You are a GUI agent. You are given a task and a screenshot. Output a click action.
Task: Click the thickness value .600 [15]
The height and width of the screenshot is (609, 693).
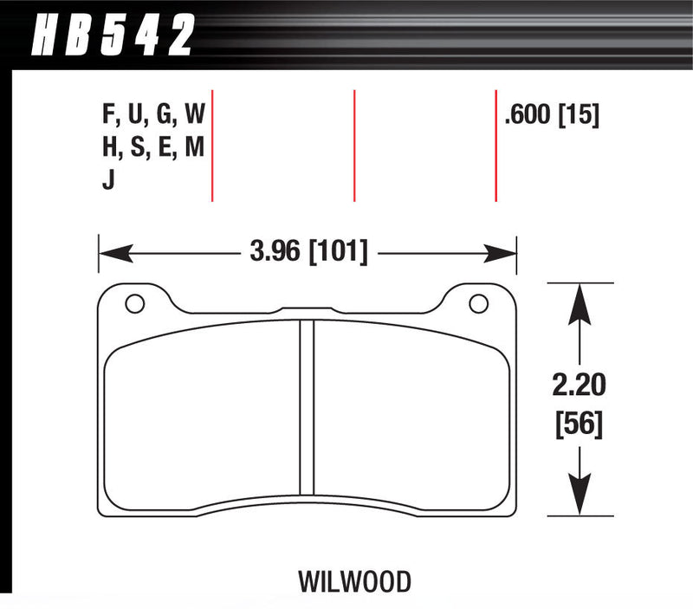click(x=552, y=114)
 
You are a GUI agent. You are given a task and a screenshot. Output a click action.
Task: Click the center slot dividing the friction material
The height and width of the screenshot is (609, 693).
click(x=306, y=407)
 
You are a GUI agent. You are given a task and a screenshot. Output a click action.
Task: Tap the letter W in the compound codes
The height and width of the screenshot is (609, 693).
click(x=195, y=114)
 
